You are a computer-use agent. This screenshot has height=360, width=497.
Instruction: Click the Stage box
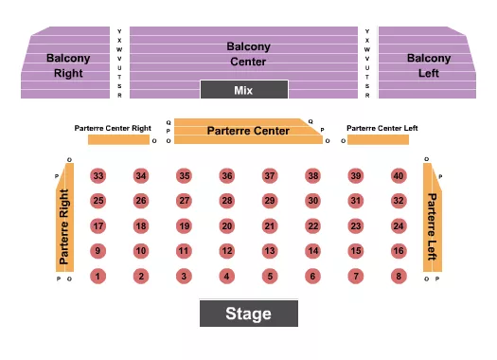click(x=248, y=314)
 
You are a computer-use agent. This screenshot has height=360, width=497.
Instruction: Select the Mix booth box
click(x=243, y=90)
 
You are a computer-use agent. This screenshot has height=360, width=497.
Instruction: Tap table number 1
click(x=97, y=276)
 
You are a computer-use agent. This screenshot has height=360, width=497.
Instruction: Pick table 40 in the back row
click(x=399, y=176)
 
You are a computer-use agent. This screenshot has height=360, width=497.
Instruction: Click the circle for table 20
click(x=226, y=225)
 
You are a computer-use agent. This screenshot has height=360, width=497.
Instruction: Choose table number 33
click(x=98, y=176)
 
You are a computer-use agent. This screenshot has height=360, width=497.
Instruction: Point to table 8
click(x=399, y=276)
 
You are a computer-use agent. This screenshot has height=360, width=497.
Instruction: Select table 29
click(x=269, y=201)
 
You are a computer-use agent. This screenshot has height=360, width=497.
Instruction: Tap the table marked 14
click(x=312, y=251)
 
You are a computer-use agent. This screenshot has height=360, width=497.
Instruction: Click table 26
click(x=140, y=201)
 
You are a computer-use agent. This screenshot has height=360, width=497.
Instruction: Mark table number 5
click(x=269, y=276)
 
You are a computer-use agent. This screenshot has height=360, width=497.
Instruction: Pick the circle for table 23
click(x=355, y=225)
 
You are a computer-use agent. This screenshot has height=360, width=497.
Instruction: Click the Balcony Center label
click(x=248, y=53)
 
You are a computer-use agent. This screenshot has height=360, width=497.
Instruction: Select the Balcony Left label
click(x=429, y=64)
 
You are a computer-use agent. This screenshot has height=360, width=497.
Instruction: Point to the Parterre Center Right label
click(x=113, y=127)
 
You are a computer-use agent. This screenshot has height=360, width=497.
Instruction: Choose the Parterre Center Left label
click(x=382, y=128)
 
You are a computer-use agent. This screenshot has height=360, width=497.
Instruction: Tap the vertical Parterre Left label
click(x=432, y=227)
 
